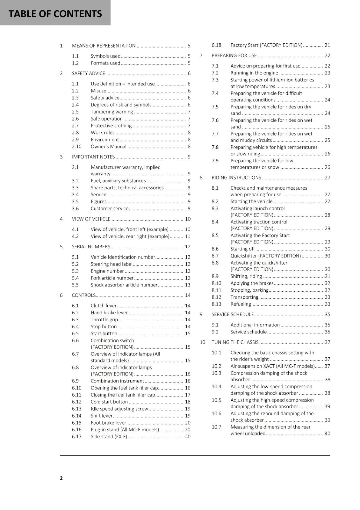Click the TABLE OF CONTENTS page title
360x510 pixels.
55,14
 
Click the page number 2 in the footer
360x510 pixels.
61,478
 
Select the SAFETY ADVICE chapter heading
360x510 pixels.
88,73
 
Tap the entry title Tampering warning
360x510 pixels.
112,112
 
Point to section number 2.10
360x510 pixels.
76,147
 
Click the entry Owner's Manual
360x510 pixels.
108,147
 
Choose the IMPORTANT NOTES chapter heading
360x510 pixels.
93,157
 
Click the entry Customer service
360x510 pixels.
109,208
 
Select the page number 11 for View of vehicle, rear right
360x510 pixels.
188,236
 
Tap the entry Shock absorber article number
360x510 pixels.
124,285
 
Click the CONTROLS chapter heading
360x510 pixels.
83,295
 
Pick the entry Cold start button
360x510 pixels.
109,402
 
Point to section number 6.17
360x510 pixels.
76,437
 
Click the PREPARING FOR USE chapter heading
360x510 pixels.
234,55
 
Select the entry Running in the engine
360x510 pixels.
254,73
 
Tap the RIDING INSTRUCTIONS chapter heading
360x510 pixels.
236,178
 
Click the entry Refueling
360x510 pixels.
241,304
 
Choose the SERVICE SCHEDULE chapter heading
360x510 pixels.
233,315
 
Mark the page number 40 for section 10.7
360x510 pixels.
328,433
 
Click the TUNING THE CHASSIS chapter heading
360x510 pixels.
235,342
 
